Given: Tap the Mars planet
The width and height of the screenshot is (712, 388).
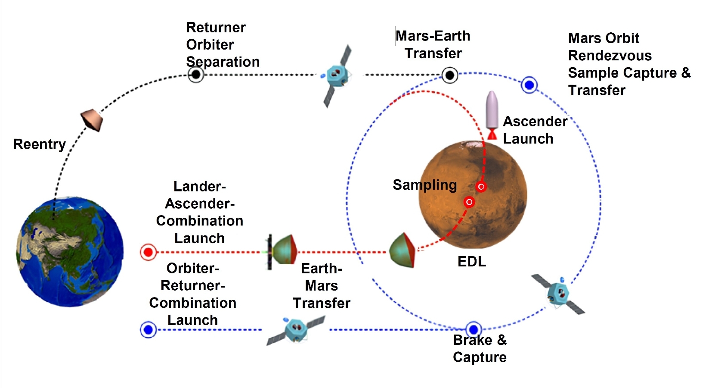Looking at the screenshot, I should [473, 195].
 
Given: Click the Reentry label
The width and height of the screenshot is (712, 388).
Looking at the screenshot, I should [39, 144].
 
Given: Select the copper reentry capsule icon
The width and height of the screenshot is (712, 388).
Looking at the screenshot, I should [93, 121].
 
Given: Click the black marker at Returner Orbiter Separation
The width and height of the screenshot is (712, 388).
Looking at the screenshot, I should [196, 75].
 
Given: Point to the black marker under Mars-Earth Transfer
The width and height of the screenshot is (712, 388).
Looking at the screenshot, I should [450, 75].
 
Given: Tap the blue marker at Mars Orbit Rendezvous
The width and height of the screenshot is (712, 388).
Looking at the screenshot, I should [529, 85].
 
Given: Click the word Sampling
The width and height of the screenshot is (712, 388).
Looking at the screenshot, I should [424, 185].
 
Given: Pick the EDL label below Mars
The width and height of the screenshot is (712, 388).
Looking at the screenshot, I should [471, 261].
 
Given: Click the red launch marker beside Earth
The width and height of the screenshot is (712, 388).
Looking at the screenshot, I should [148, 252].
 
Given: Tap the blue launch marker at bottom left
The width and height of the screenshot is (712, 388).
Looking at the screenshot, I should [148, 330].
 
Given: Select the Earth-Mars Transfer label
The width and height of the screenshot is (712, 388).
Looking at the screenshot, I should [322, 285].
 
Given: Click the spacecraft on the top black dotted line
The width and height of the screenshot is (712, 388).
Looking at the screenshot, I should [337, 76].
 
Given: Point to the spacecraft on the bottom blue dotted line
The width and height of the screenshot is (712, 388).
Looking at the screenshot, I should [296, 331].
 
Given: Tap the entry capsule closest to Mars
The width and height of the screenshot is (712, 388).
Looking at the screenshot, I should [402, 250].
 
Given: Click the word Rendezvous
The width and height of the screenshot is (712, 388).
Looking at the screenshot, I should [610, 56].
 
